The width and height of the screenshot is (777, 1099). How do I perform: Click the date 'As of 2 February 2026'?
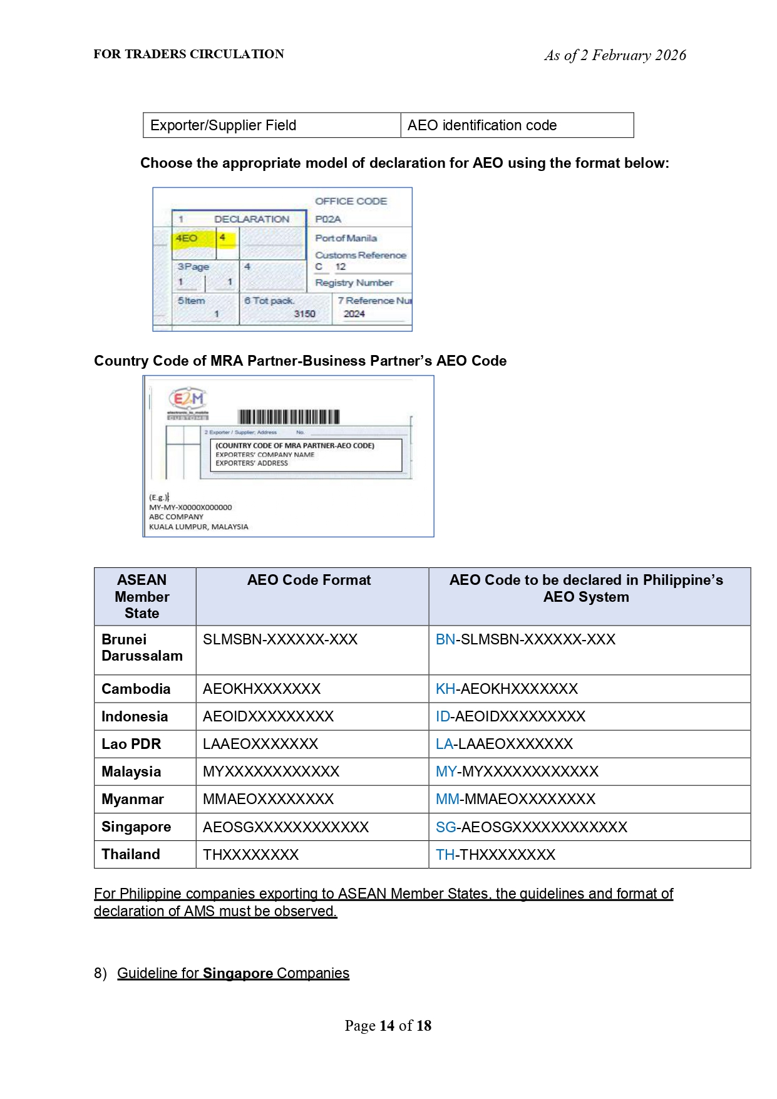[615, 55]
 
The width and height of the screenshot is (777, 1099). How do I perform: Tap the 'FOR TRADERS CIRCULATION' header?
[188, 54]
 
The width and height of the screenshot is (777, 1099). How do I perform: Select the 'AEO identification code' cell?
[481, 125]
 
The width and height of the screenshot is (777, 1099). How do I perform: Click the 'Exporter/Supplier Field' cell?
[223, 125]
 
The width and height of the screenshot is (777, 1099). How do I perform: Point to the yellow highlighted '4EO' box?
[187, 239]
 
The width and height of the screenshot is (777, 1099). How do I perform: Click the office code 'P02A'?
[328, 219]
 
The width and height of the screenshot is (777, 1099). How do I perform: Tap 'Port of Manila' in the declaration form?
[346, 238]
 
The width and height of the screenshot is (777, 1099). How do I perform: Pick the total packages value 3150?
[304, 314]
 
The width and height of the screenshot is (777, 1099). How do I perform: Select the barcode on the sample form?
[289, 417]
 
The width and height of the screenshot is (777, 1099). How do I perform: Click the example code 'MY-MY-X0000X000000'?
[190, 507]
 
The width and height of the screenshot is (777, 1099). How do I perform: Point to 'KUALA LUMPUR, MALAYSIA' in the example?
[198, 527]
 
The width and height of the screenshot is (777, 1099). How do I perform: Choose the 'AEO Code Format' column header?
[309, 580]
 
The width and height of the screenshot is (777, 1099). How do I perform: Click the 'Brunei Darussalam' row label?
[142, 648]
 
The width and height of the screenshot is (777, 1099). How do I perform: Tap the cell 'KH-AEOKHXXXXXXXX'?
[507, 689]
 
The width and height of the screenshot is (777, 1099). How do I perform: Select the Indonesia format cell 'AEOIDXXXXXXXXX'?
[268, 716]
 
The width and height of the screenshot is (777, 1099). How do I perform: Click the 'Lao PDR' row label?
[131, 744]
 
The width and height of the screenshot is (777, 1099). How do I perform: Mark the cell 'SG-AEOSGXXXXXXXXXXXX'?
[531, 827]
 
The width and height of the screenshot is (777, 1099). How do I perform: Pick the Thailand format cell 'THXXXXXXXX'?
[250, 855]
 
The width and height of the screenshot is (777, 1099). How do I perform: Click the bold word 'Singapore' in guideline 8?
[238, 973]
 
